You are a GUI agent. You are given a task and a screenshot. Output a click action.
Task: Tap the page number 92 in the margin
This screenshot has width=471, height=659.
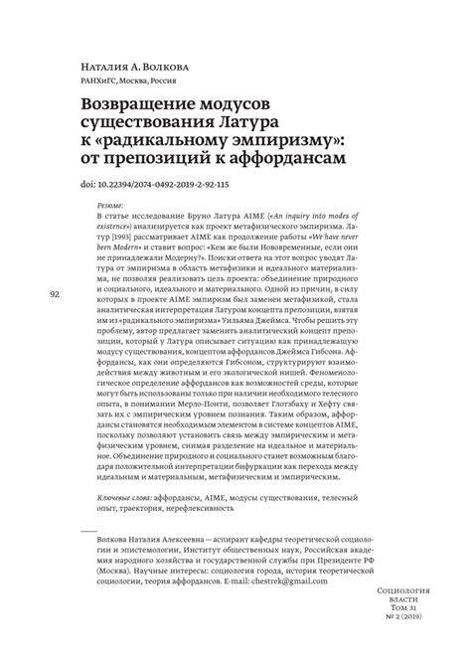(x=56, y=295)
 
